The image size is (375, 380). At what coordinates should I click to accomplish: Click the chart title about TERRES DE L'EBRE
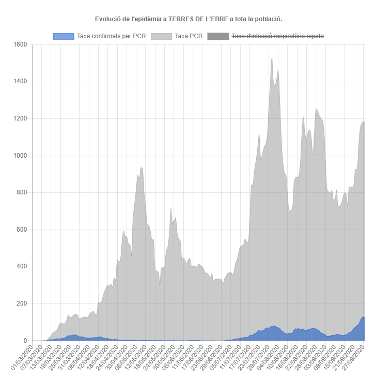[x=189, y=19]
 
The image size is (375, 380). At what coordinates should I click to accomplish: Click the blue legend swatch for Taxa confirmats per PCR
[x=64, y=36]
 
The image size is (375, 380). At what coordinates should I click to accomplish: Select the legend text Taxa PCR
[x=189, y=36]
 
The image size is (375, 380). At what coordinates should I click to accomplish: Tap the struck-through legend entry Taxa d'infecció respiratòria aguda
[x=278, y=36]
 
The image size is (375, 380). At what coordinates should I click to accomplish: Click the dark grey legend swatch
[x=217, y=36]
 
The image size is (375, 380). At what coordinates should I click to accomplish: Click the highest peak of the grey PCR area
[x=272, y=59]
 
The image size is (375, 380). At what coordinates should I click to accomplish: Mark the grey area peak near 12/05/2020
[x=141, y=168]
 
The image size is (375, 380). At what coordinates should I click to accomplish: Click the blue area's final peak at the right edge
[x=363, y=317]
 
